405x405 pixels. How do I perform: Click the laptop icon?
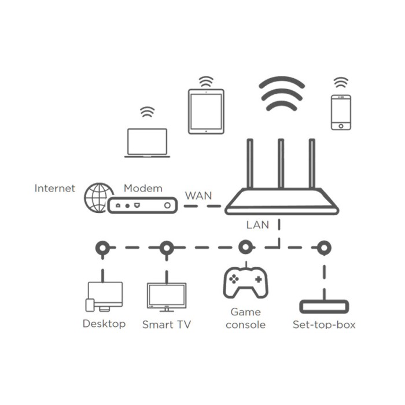(147, 142)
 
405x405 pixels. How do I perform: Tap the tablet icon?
(206, 111)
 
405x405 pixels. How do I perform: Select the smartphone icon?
(341, 112)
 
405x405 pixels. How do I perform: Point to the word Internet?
(55, 188)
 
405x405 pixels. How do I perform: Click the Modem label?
(143, 189)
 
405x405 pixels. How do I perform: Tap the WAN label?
(198, 195)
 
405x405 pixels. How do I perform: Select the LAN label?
(257, 224)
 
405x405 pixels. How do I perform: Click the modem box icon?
(142, 205)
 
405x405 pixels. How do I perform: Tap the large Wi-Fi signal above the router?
(282, 94)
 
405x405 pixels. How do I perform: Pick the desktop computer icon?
(104, 296)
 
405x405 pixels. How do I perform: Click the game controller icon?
(245, 282)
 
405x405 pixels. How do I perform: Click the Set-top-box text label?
(324, 325)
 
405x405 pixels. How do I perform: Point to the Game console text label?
(245, 318)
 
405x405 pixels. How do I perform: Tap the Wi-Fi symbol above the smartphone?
(341, 82)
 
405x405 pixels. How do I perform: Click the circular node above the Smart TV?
(167, 248)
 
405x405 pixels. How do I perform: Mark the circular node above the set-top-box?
(324, 248)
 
